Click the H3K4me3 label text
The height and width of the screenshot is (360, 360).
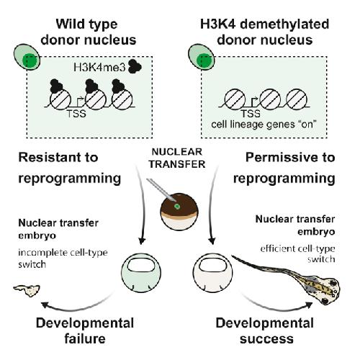(x=99, y=68)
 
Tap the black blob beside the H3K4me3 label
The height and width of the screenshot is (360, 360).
(x=135, y=66)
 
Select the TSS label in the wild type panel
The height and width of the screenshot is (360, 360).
(x=76, y=114)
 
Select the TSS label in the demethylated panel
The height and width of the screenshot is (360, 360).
(x=251, y=114)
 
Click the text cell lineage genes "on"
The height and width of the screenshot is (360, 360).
(x=264, y=125)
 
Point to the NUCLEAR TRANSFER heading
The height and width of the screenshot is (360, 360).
(x=177, y=158)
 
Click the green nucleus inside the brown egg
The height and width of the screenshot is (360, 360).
(x=177, y=206)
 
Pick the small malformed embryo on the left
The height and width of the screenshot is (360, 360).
(x=27, y=290)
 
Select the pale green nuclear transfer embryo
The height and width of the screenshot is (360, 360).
(x=141, y=273)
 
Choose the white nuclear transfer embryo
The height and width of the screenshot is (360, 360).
(x=212, y=273)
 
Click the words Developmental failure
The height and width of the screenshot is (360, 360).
(x=85, y=330)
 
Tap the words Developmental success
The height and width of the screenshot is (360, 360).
(x=265, y=330)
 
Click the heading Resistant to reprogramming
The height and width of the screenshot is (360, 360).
(x=70, y=168)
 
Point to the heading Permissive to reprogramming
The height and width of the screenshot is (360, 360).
(x=284, y=168)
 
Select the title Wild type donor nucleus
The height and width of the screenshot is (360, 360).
(x=89, y=32)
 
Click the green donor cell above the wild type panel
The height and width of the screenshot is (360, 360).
(x=27, y=57)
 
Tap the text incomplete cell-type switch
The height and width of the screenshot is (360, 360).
(x=63, y=258)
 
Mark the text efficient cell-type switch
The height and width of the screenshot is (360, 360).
(x=297, y=254)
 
